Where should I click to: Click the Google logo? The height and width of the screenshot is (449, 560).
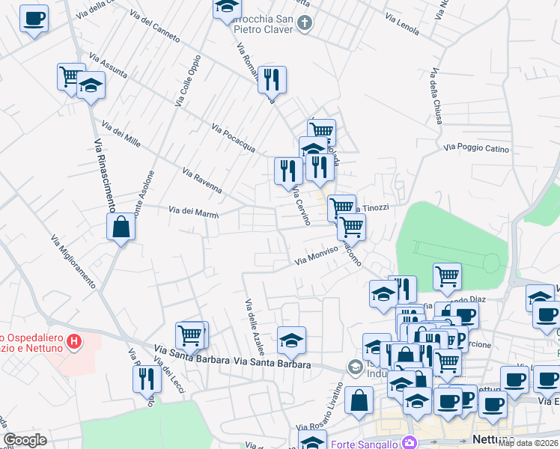[x=25, y=440]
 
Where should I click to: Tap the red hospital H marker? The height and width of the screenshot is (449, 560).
[x=73, y=343]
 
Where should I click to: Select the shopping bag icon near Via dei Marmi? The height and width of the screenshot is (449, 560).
[x=121, y=227]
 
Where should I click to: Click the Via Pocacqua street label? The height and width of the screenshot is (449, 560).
[x=234, y=137]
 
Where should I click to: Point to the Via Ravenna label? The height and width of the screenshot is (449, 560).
[x=202, y=180]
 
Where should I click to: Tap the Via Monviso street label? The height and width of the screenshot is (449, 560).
[x=318, y=255]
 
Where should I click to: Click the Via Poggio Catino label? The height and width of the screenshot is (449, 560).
[x=476, y=149]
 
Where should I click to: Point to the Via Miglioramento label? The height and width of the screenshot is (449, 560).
[x=74, y=262]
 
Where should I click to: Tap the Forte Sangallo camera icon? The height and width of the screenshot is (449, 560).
[x=409, y=443]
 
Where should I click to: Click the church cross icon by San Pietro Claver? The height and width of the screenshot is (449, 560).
[x=304, y=23]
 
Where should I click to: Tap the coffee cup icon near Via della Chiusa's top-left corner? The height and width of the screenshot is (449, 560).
[x=34, y=18]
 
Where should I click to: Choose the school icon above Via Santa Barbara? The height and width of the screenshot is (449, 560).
[x=291, y=340]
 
